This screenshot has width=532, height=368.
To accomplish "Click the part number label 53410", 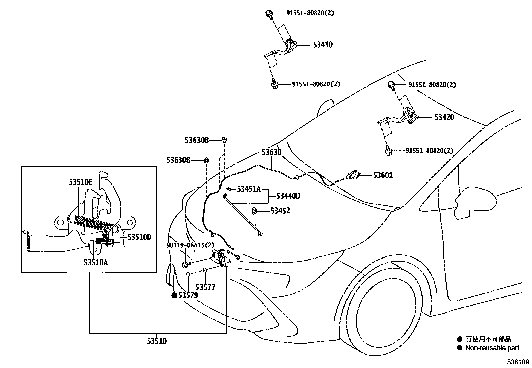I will click(323, 45).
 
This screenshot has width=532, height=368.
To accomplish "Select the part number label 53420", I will click(444, 117).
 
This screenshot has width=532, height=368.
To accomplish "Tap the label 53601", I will click(383, 175).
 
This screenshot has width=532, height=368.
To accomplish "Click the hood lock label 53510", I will click(157, 341).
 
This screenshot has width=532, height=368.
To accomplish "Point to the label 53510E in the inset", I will click(81, 182).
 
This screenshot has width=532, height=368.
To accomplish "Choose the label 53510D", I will click(139, 237).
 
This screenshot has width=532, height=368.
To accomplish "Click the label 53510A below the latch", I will click(96, 262).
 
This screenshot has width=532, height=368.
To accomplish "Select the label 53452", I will click(280, 211).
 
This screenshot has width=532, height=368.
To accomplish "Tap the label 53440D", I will click(288, 196).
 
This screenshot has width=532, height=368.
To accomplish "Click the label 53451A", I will click(249, 189).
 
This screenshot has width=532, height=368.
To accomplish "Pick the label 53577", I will click(205, 287).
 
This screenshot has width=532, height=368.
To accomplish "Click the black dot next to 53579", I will click(174, 295).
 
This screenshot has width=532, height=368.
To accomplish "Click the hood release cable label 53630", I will click(271, 152).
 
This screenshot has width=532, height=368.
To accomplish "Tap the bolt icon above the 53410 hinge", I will click(269, 13).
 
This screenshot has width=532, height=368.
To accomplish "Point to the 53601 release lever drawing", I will click(353, 175).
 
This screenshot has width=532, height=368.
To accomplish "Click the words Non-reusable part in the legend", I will click(492, 348).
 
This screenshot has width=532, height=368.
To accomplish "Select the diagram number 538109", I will click(518, 362).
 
